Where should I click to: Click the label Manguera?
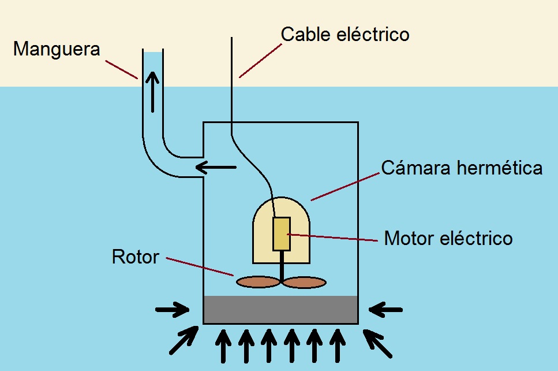(57, 49)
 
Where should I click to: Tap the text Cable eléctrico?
(345, 35)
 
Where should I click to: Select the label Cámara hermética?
(462, 168)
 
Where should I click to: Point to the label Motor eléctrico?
(448, 238)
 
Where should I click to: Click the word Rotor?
(135, 257)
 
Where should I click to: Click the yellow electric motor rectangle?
(282, 234)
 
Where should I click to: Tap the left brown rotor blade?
(258, 281)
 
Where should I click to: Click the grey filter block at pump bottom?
(281, 310)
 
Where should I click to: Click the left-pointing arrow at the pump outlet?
(216, 168)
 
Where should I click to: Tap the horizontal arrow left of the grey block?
(173, 310)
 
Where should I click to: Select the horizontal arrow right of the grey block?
(386, 310)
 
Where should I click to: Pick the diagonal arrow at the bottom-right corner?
(379, 342)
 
